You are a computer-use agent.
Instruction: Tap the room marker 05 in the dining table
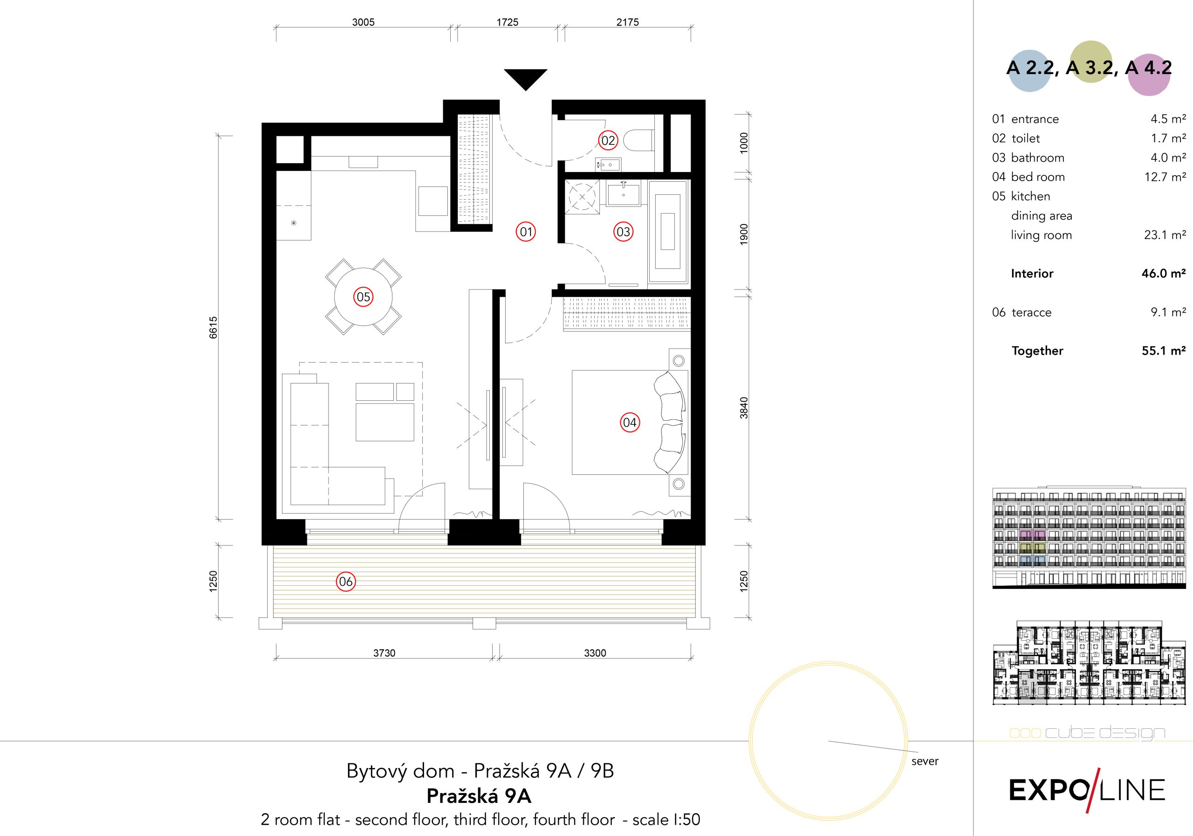[363, 297]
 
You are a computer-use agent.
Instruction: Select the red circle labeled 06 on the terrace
[345, 582]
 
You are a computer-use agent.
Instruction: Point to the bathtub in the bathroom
[668, 232]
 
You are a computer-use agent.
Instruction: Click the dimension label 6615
[213, 327]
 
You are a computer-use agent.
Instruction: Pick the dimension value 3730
[384, 653]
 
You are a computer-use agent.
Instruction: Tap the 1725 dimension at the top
[507, 22]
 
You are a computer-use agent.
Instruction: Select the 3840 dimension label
[744, 408]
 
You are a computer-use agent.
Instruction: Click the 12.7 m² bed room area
[1165, 177]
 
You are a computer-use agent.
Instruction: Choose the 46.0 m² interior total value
[1163, 273]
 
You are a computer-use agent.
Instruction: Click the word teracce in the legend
[1031, 312]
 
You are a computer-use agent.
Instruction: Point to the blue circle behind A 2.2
[1029, 71]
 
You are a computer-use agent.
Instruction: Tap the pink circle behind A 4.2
[1149, 75]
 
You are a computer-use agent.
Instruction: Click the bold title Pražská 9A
[479, 796]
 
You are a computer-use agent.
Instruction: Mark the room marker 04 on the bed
[630, 422]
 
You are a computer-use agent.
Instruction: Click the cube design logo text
[1087, 733]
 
